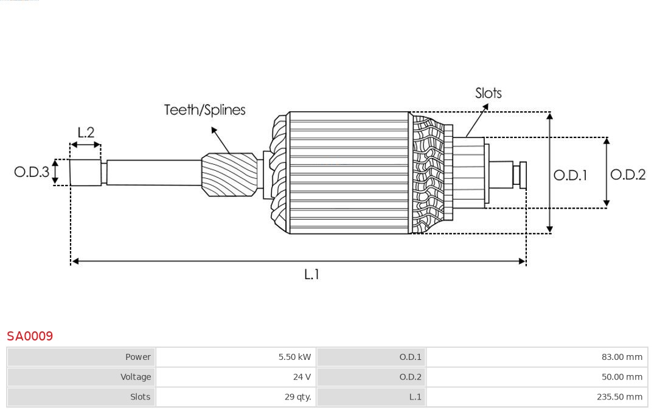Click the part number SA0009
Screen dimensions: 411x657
[30, 336]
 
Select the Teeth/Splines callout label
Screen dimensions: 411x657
[204, 110]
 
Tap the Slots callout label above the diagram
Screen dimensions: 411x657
[488, 93]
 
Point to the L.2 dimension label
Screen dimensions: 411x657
[86, 133]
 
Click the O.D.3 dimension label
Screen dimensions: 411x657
[32, 172]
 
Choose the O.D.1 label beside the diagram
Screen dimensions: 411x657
[570, 176]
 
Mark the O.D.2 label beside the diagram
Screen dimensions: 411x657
[627, 175]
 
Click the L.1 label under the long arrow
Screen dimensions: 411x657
[311, 275]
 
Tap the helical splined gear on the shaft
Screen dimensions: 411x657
[230, 174]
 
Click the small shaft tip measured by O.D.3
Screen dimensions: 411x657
[85, 173]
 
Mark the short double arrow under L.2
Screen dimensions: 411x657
[86, 145]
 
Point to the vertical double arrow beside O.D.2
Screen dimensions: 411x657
[607, 173]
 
